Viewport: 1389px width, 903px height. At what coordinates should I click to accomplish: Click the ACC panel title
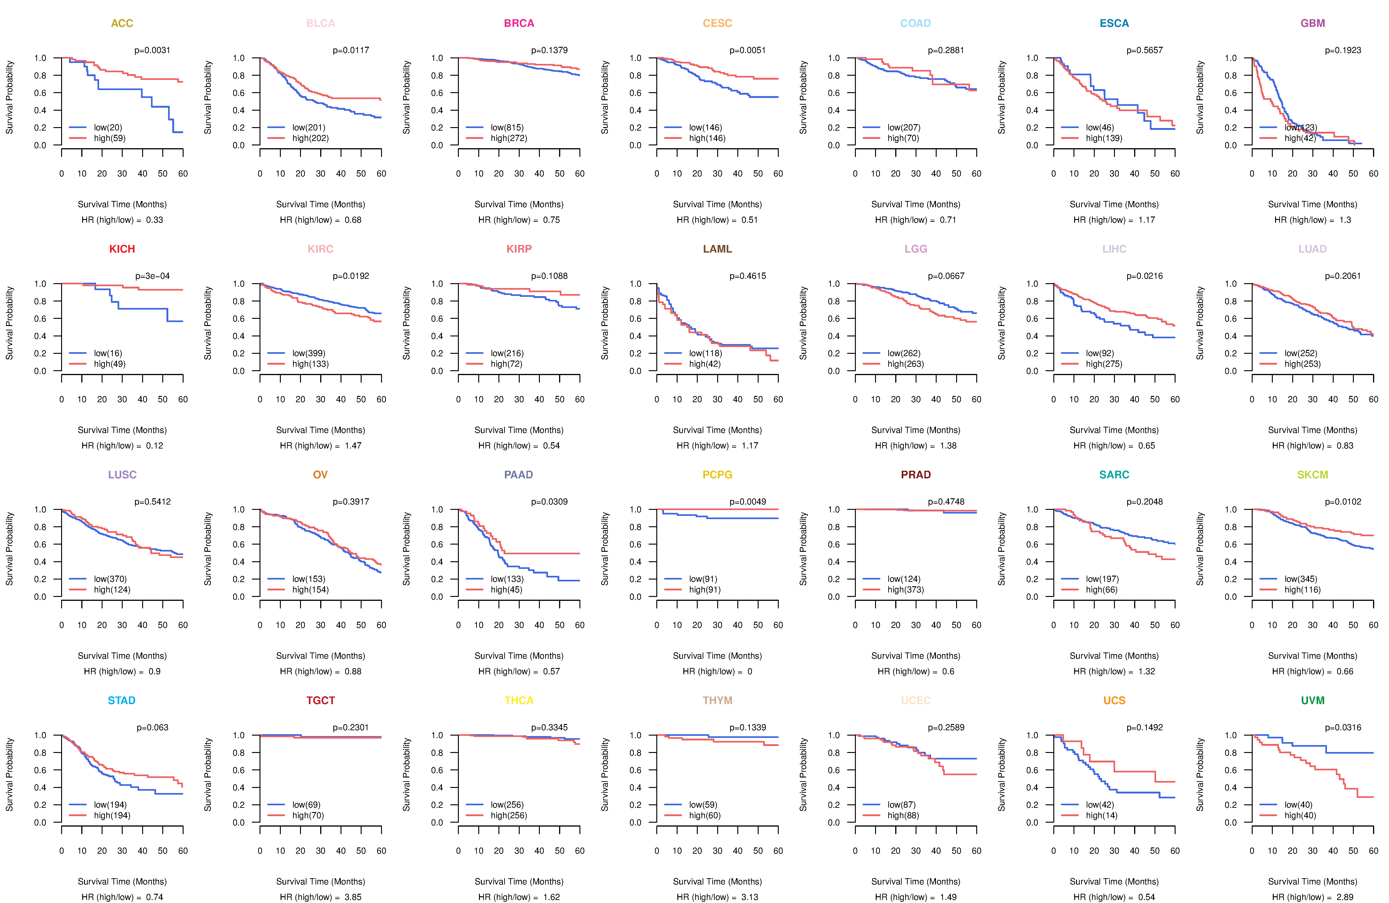(122, 23)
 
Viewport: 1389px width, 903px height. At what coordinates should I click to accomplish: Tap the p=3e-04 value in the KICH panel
(152, 276)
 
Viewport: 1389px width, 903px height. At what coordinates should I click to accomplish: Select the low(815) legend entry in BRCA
(507, 127)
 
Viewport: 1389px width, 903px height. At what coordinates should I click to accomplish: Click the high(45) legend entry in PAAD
(506, 589)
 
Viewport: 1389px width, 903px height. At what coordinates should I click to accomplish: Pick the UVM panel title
(1313, 700)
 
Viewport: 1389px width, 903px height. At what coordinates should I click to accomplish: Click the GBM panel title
(1313, 23)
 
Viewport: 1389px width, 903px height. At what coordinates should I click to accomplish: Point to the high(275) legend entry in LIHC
(1104, 364)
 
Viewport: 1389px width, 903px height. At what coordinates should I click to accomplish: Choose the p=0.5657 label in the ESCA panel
(1145, 50)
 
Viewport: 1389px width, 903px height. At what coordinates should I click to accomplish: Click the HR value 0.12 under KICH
(154, 445)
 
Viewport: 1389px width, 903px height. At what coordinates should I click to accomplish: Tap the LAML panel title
(717, 249)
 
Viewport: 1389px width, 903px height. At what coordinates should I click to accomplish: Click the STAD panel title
(121, 700)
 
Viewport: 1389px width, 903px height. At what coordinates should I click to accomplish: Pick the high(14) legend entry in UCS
(1101, 815)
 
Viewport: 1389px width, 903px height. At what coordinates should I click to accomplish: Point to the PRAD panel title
(916, 475)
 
